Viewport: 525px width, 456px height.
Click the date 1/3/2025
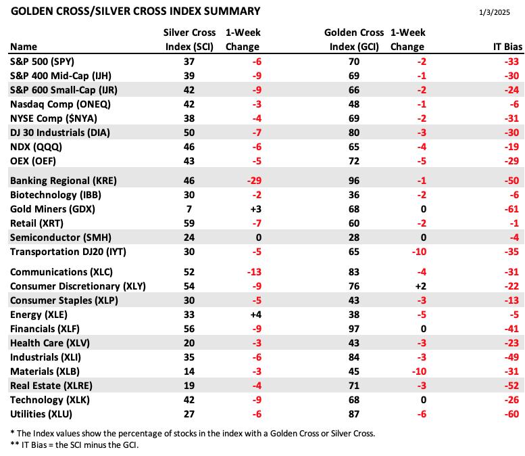point(494,12)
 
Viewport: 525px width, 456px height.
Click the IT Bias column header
point(507,47)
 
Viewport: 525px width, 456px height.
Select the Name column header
point(24,47)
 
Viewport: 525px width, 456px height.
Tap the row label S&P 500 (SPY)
point(42,62)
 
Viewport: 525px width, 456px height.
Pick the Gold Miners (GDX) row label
point(53,209)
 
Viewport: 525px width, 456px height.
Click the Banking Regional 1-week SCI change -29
point(254,181)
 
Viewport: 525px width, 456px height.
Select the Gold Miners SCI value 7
point(189,209)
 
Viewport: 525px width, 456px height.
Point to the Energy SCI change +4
point(256,315)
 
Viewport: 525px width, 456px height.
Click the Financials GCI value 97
point(354,329)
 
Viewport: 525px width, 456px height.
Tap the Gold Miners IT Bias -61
point(511,209)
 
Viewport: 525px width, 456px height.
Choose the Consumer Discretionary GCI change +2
point(420,286)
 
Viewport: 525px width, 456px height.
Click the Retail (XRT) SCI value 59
point(189,223)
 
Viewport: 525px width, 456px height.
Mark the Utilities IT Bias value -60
point(511,414)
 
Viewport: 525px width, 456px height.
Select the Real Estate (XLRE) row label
point(51,386)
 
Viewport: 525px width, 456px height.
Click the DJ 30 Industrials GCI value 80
point(354,133)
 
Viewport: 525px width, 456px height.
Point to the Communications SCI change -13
point(254,272)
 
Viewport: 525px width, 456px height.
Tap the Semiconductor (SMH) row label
point(61,237)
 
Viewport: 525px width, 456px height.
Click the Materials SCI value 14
point(189,371)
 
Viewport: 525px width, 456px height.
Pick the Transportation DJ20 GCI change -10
point(419,252)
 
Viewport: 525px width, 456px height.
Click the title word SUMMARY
point(232,12)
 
